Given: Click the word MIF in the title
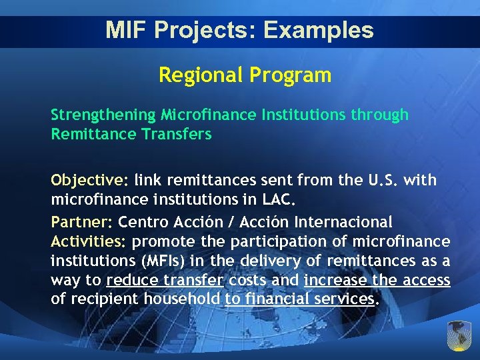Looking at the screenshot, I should [123, 31].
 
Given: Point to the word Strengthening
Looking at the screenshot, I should [103, 115].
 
